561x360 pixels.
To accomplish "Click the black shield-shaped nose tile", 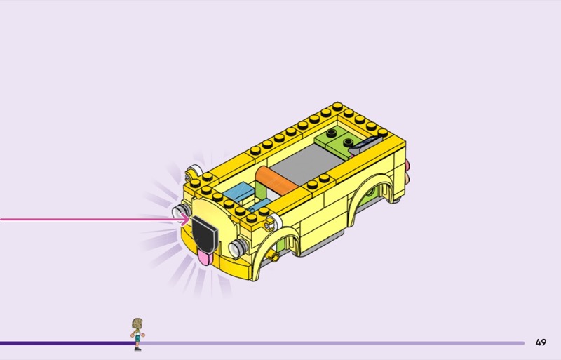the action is (205, 234).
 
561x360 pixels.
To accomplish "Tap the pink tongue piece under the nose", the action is (205, 258).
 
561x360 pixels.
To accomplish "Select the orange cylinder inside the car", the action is (276, 180).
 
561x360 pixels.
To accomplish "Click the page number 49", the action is (541, 342).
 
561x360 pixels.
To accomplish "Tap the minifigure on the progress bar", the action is (137, 334).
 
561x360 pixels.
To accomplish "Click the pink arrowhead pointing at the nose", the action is (185, 219).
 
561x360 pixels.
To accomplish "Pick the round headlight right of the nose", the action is (238, 248).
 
